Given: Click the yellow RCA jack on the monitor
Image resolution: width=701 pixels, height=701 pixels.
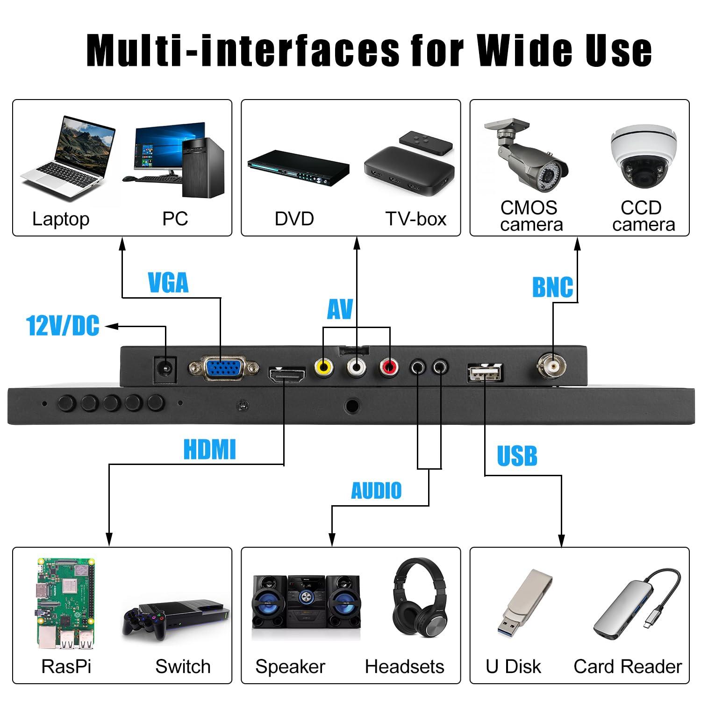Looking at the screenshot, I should click(x=324, y=367).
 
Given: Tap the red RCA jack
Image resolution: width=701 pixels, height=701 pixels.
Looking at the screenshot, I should click(x=389, y=367).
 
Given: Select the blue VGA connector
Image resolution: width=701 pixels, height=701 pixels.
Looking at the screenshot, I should click(x=224, y=368).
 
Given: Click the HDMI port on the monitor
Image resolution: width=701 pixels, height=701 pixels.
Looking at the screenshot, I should click(x=286, y=375).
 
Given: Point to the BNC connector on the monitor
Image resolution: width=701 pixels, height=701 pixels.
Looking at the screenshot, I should click(x=552, y=365).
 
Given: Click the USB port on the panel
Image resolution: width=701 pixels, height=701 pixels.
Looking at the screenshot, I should click(x=485, y=373).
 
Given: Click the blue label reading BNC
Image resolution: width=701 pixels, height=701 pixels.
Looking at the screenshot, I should click(x=552, y=287).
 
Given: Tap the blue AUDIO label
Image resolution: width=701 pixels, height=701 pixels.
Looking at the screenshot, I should click(x=376, y=491).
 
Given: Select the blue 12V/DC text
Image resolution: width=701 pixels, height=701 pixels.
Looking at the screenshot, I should click(x=63, y=326).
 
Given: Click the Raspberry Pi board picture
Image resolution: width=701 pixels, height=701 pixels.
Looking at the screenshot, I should click(x=65, y=602).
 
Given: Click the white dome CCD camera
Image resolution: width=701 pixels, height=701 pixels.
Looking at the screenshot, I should click(x=643, y=156).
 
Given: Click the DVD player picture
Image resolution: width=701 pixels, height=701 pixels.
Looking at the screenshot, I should click(x=298, y=168).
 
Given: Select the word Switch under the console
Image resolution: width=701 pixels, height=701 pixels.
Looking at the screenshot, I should click(x=183, y=666).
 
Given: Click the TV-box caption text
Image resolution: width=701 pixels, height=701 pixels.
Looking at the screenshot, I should click(x=415, y=219).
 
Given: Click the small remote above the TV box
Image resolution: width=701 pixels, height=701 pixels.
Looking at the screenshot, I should click(x=425, y=142).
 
